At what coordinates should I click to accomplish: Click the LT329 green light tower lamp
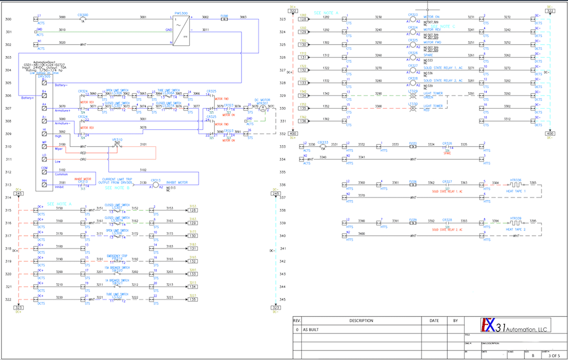pos(413,96)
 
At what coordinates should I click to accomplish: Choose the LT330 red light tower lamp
pos(413,109)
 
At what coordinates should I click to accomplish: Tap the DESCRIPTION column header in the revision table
pos(361,321)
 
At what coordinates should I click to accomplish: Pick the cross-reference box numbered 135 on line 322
pos(193,300)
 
